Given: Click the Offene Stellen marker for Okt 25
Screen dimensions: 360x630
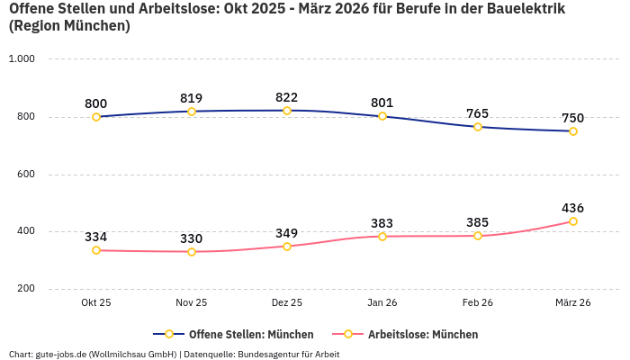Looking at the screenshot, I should pos(96,117).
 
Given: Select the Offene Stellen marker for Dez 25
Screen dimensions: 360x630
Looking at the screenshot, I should pos(287,111).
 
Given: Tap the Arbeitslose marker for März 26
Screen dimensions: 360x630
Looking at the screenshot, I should pos(573,221).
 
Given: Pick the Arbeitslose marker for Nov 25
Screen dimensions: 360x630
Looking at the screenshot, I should pos(192,252).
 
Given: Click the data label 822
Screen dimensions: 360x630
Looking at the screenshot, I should pos(287,97).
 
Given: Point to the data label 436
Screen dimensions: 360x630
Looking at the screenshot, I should pos(573,208).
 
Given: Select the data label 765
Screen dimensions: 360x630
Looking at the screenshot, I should pos(478,113).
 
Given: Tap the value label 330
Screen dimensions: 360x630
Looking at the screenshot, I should pos(192,238).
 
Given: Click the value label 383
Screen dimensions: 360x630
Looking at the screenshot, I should pos(382,223).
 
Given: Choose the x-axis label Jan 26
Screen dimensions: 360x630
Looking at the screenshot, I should pos(382,303).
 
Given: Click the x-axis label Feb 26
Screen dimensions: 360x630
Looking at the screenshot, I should pos(478,303).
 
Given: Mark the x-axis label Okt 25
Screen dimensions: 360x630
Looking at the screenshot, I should pos(96,303).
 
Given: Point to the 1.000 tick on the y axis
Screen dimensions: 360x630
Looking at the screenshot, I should pos(22,59).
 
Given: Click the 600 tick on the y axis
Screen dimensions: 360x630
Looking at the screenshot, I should pos(25,174).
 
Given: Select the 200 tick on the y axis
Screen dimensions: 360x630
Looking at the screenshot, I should pos(25,289).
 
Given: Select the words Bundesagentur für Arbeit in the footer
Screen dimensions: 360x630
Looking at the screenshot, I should pos(289,354).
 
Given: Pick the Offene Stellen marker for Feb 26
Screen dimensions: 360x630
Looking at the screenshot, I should pos(478,127).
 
